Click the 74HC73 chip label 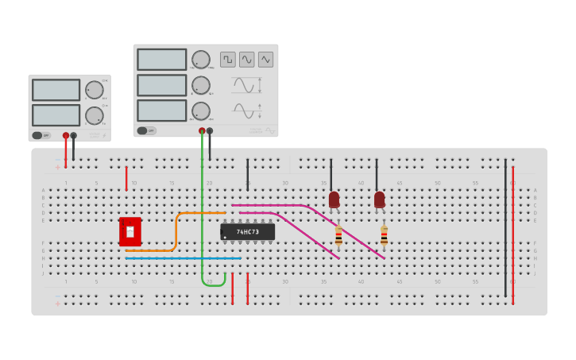coord(248,232)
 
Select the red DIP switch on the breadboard coord(130,231)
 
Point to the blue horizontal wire coord(183,258)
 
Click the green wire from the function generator coord(203,207)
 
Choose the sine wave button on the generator coord(246,60)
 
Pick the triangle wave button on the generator coord(265,60)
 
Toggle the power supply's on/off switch coord(41,135)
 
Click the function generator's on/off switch coord(145,130)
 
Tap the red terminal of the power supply coord(66,136)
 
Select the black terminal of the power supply coord(74,136)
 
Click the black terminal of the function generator coord(210,131)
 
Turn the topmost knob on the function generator coord(201,60)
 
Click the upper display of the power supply coord(56,90)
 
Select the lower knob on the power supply coord(94,115)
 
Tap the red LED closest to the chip coord(334,199)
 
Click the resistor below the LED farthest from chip coord(384,236)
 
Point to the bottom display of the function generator coord(161,110)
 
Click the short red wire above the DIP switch coord(126,179)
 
